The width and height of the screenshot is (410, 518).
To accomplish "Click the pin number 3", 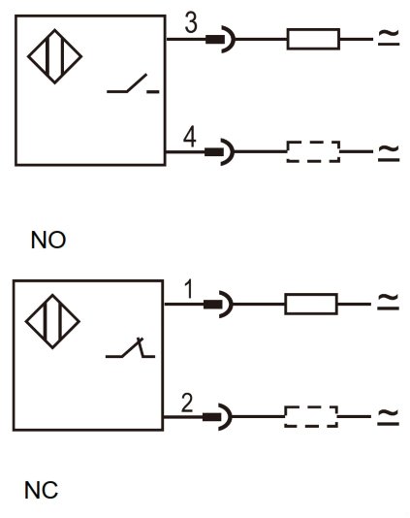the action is pyautogui.click(x=191, y=23).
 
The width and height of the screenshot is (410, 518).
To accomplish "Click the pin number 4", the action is pyautogui.click(x=190, y=137).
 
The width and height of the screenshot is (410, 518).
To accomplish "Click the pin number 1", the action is pyautogui.click(x=188, y=289).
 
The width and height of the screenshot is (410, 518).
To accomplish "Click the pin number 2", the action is pyautogui.click(x=187, y=403).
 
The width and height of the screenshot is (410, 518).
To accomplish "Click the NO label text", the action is pyautogui.click(x=48, y=241).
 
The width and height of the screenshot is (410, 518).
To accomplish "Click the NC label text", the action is pyautogui.click(x=41, y=490).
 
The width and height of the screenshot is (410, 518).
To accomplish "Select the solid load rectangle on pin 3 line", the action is pyautogui.click(x=313, y=39).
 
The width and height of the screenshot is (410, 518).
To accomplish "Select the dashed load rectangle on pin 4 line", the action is pyautogui.click(x=313, y=151).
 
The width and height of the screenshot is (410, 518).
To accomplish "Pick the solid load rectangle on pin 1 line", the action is pyautogui.click(x=311, y=304).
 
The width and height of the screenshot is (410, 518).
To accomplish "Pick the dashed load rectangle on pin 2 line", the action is pyautogui.click(x=311, y=416).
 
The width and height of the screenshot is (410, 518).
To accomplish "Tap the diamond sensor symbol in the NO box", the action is pyautogui.click(x=55, y=56).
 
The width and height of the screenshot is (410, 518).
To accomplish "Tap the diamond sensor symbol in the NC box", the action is pyautogui.click(x=52, y=321).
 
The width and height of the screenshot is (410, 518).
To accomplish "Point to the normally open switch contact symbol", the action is pyautogui.click(x=133, y=84).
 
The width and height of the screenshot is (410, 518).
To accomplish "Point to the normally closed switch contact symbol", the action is pyautogui.click(x=131, y=347).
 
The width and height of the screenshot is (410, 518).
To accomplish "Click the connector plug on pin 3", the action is pyautogui.click(x=221, y=39).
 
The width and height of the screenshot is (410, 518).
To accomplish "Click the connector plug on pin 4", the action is pyautogui.click(x=219, y=151).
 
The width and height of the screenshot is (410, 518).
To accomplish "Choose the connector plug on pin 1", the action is pyautogui.click(x=218, y=304).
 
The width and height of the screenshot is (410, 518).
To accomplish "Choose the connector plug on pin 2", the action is pyautogui.click(x=217, y=416).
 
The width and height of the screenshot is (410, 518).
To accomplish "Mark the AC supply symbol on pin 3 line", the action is pyautogui.click(x=389, y=38).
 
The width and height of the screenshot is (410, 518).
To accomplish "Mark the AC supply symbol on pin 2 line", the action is pyautogui.click(x=389, y=417).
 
